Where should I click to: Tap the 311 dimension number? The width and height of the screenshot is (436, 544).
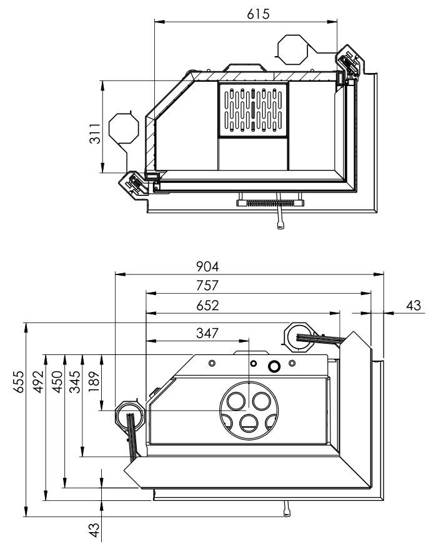click(94, 134)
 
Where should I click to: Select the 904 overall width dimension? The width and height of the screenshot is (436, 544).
click(206, 266)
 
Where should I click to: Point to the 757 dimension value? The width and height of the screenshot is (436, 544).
click(206, 286)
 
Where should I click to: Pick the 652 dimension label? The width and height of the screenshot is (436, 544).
click(206, 306)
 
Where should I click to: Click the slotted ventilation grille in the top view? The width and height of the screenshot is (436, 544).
click(253, 109)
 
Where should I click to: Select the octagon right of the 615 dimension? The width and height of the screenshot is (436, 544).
click(292, 49)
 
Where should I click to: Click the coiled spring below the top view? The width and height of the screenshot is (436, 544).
click(269, 202)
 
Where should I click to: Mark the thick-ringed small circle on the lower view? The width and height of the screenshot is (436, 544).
click(274, 366)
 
